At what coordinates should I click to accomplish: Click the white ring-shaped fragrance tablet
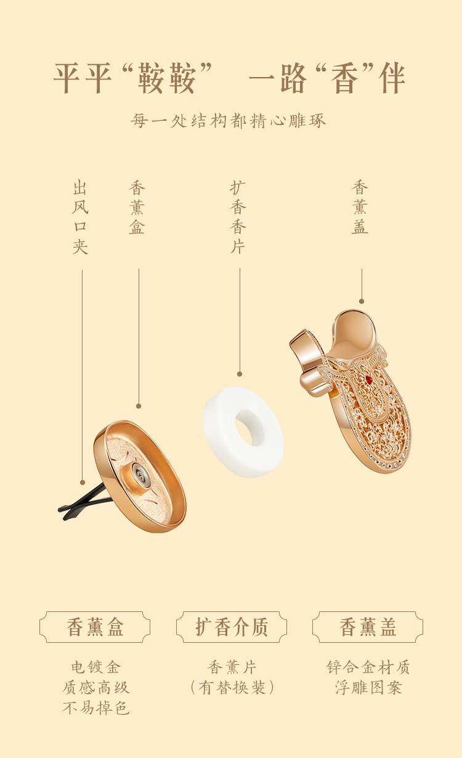tap(243, 431)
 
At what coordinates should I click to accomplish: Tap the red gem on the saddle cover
tap(368, 380)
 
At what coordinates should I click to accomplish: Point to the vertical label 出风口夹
tap(81, 218)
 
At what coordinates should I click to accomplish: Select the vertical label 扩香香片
tap(238, 218)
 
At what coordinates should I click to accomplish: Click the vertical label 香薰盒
tap(137, 208)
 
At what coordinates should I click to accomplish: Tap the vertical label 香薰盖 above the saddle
tap(360, 208)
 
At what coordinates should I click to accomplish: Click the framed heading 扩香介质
tap(232, 627)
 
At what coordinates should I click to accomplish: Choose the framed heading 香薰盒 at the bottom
tap(95, 627)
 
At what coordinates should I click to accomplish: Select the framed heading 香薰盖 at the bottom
tap(368, 627)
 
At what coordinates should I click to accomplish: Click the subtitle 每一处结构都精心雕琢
tap(229, 120)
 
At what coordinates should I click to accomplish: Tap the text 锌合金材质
tap(368, 667)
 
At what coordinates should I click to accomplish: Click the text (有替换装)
tap(232, 688)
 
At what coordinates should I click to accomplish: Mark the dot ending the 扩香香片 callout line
tap(240, 374)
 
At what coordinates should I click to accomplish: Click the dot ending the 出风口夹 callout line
tap(83, 483)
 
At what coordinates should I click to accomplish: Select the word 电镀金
tap(95, 667)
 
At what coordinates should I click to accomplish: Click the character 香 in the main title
tap(346, 78)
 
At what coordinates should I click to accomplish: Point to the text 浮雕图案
tap(368, 688)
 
